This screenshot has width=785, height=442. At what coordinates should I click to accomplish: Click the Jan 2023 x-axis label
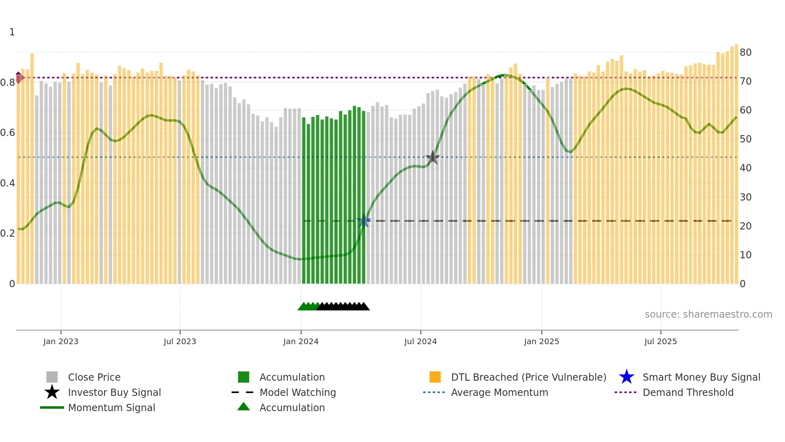[x=61, y=342]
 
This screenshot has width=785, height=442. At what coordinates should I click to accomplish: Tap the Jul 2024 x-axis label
[x=421, y=342]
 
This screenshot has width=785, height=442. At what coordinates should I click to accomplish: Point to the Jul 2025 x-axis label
[x=660, y=342]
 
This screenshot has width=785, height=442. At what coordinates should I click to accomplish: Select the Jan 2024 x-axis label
[x=301, y=342]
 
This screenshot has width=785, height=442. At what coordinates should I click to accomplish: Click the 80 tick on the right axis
[x=745, y=53]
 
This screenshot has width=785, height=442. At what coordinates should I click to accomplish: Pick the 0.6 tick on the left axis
[x=8, y=133]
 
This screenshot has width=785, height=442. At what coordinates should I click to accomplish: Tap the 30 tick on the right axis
[x=745, y=197]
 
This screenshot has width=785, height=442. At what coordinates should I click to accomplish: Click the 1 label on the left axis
[x=12, y=32]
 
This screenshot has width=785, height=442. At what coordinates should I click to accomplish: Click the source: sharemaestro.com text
[x=708, y=314]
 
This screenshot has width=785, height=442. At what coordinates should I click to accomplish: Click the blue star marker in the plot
[x=364, y=221]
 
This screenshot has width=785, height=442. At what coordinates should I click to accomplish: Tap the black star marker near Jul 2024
[x=433, y=158]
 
